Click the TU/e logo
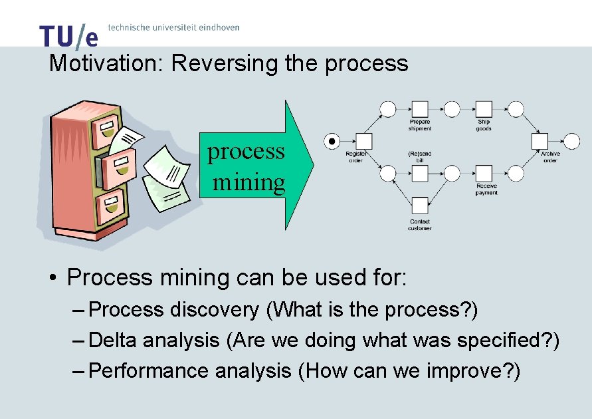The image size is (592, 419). [68, 36]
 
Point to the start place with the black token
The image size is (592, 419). [332, 141]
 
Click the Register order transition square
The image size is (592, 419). [363, 141]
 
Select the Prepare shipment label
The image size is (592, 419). [419, 125]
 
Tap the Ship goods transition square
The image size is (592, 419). [484, 108]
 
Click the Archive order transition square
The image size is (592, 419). [540, 141]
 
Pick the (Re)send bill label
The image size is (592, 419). [419, 157]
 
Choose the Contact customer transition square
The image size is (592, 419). [419, 205]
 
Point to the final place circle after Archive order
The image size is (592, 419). [571, 141]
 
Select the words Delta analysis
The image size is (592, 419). [153, 341]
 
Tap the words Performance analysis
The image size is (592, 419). [189, 370]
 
